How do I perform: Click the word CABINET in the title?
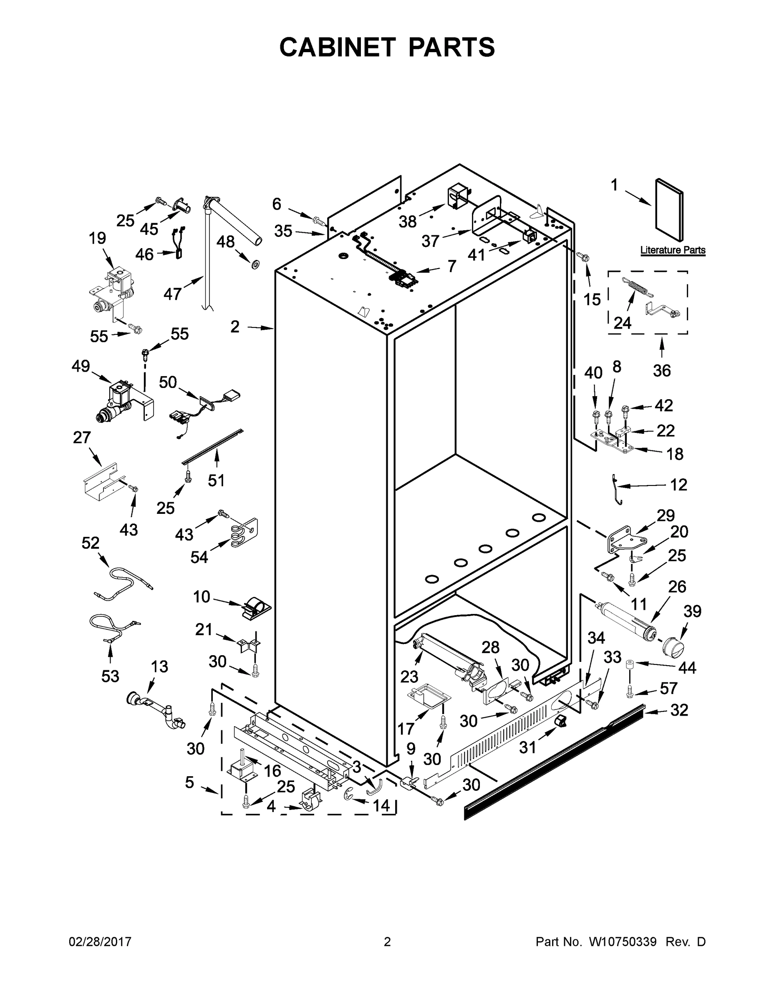click(x=337, y=47)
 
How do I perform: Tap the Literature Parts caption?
click(x=672, y=250)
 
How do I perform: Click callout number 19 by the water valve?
click(x=97, y=238)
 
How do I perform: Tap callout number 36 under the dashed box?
click(x=662, y=370)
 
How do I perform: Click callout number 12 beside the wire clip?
click(x=678, y=485)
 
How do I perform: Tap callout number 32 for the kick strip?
click(x=679, y=710)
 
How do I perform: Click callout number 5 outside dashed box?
click(x=189, y=782)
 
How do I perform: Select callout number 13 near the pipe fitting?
click(x=159, y=666)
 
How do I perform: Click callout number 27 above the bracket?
click(x=82, y=438)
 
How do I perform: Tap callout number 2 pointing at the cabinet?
click(x=235, y=327)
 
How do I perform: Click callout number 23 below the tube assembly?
click(x=409, y=677)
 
